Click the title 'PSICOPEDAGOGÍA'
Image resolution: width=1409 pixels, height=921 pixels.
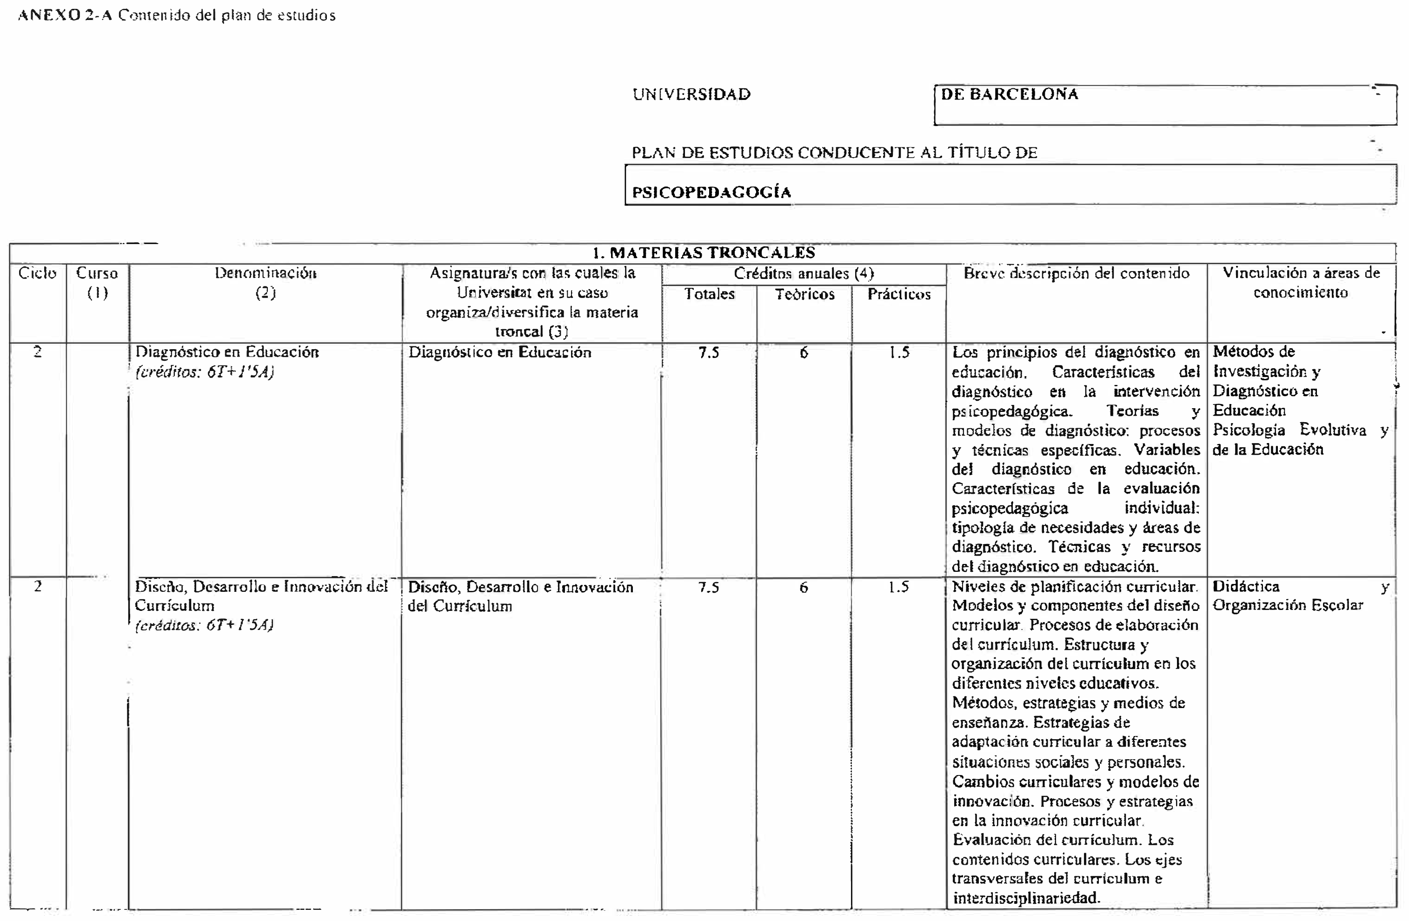(711, 192)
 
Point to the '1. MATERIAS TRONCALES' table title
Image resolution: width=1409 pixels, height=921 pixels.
(703, 253)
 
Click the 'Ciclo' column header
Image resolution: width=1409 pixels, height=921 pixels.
(37, 273)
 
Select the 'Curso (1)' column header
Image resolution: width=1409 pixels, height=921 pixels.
(97, 283)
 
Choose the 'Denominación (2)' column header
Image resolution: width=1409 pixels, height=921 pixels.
(265, 283)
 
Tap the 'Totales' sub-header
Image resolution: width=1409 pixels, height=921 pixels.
(709, 294)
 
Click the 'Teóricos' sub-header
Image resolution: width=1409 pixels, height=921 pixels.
(804, 294)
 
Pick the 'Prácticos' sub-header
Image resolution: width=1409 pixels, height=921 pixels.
(899, 294)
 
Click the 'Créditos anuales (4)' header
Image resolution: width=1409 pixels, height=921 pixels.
(804, 273)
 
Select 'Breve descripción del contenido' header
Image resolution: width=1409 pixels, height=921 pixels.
(1077, 273)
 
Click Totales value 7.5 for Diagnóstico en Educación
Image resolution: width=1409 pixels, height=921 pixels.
(709, 353)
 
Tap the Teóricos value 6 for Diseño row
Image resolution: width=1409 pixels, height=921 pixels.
(804, 587)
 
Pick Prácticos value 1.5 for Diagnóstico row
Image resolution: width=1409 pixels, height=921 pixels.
(899, 353)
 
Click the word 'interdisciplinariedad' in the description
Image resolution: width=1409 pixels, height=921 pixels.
(1025, 898)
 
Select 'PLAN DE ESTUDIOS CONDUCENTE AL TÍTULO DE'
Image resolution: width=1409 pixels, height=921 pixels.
(834, 152)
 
